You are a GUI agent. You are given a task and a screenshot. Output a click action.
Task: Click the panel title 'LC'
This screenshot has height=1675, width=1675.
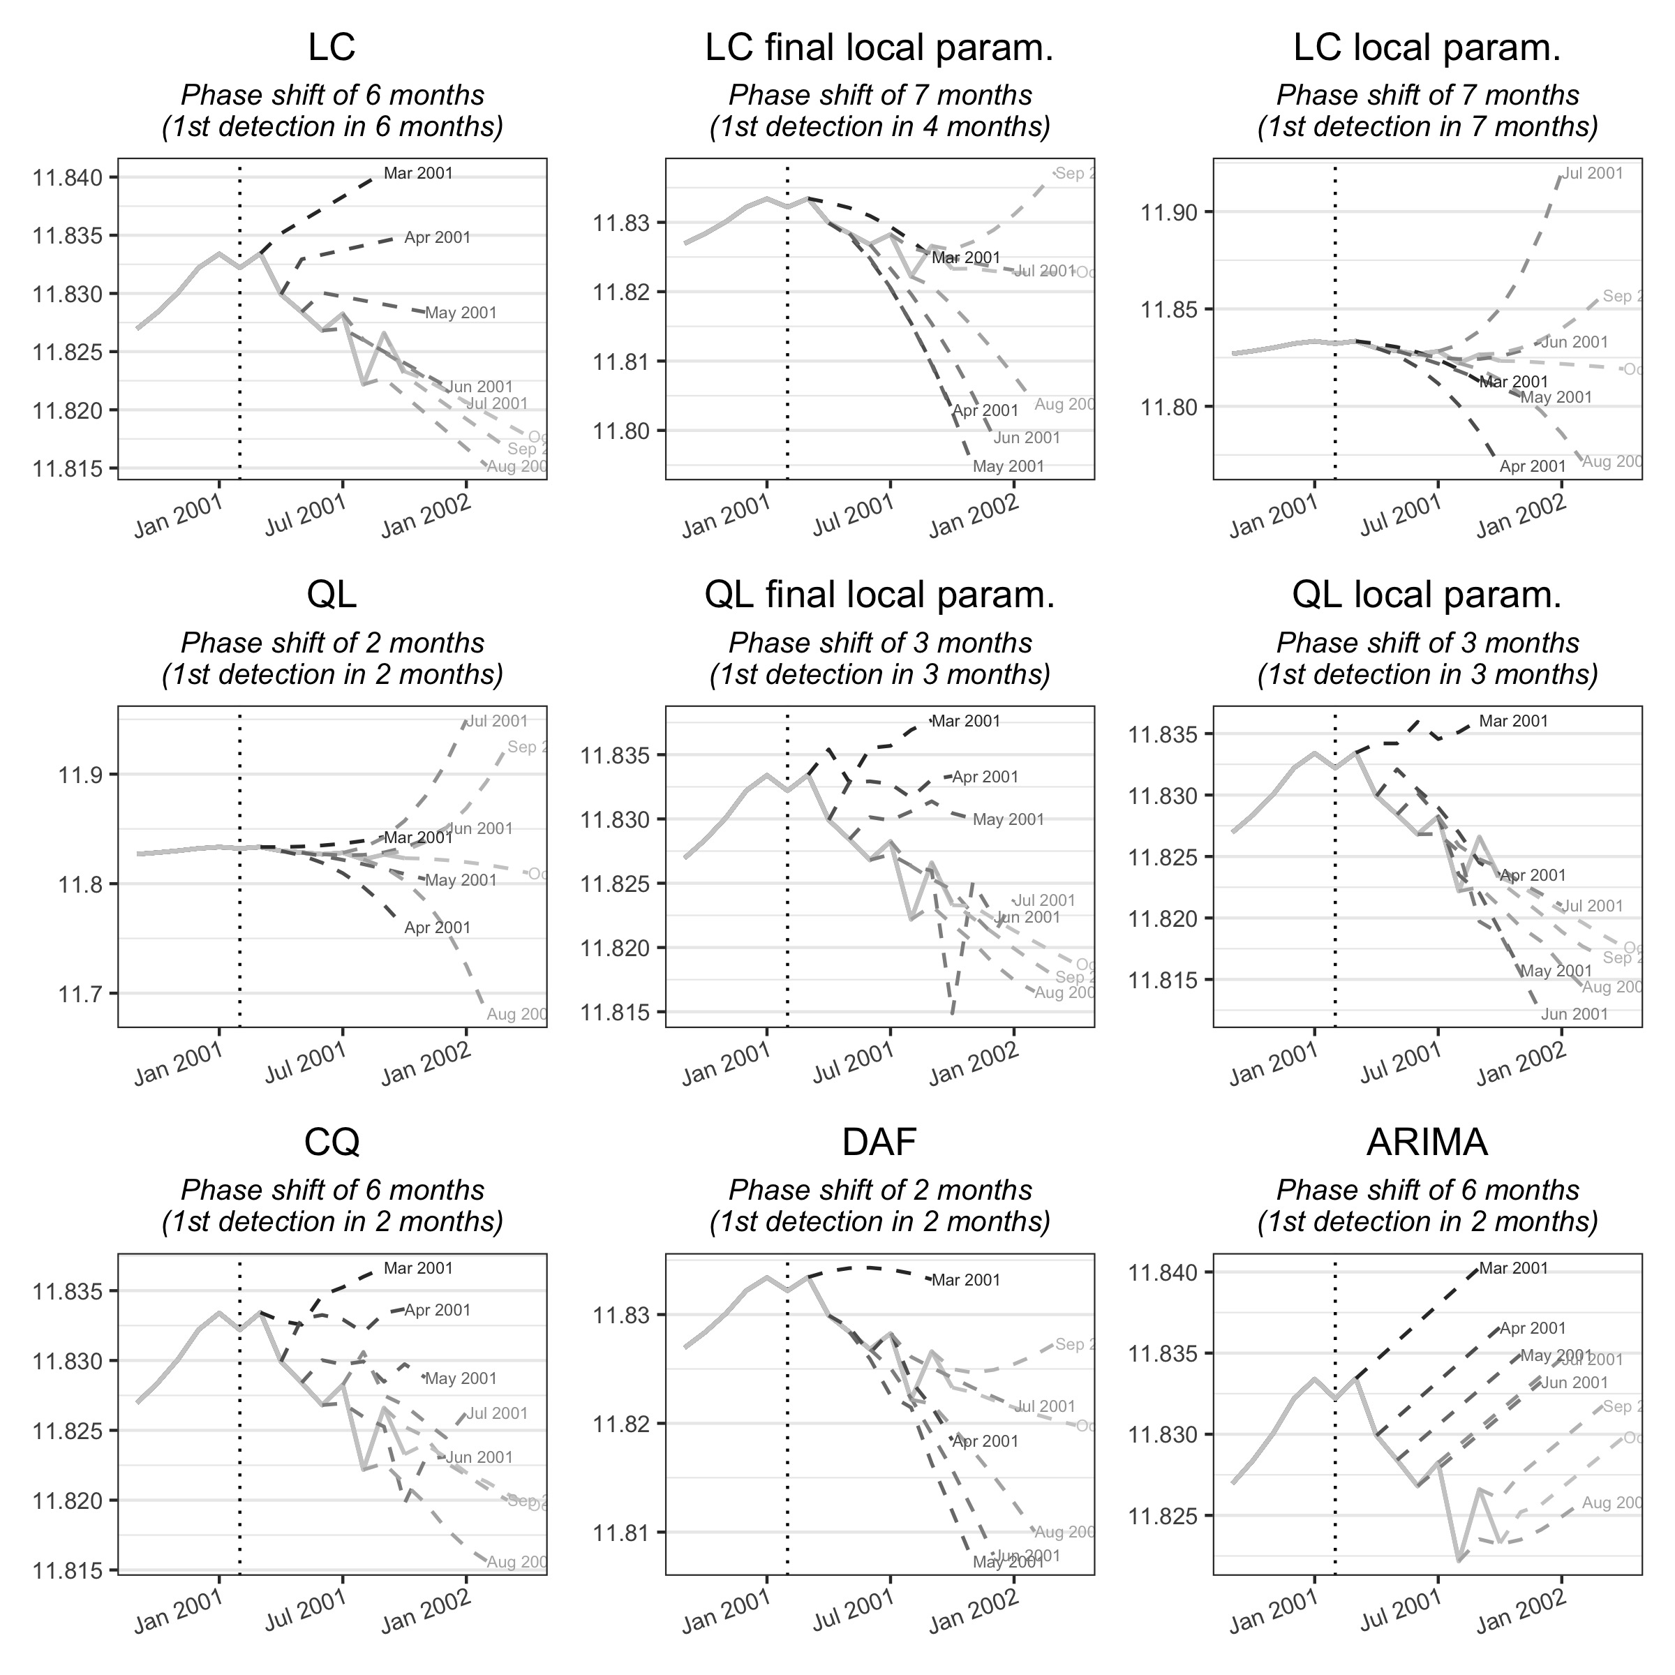[x=332, y=47]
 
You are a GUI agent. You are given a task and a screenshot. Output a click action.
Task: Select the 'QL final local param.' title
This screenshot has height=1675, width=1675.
[x=879, y=595]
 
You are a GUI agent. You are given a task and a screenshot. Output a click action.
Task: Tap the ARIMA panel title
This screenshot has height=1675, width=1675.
[x=1427, y=1142]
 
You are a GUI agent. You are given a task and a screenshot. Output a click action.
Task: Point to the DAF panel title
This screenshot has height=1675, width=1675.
[x=879, y=1142]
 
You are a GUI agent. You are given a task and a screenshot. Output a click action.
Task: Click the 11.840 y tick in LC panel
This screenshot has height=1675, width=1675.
[x=67, y=179]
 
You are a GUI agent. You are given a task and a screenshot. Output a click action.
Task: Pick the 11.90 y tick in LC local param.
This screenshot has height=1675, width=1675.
[x=1167, y=212]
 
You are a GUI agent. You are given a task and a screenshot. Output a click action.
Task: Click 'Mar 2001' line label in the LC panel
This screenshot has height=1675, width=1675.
[x=418, y=173]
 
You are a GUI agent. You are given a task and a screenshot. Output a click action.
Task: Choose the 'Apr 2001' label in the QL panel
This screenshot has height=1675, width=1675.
[x=437, y=928]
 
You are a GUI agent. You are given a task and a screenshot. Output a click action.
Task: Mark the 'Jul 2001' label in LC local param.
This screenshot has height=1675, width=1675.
[x=1593, y=173]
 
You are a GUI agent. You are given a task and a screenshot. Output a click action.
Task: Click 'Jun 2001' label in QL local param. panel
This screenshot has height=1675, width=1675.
[x=1574, y=1014]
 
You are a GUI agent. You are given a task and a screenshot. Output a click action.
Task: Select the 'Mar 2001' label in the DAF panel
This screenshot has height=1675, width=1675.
[x=965, y=1281]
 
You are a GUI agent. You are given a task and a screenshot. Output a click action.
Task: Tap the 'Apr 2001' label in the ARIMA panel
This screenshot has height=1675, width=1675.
[x=1533, y=1328]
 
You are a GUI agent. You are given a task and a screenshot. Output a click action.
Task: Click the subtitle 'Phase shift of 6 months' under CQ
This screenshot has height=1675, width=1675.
[x=332, y=1191]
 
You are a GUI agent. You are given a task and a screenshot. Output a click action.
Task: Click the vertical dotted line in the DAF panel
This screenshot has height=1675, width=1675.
[x=787, y=1422]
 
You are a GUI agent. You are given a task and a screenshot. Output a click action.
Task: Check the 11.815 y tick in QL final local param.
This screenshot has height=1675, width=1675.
[x=615, y=1013]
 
